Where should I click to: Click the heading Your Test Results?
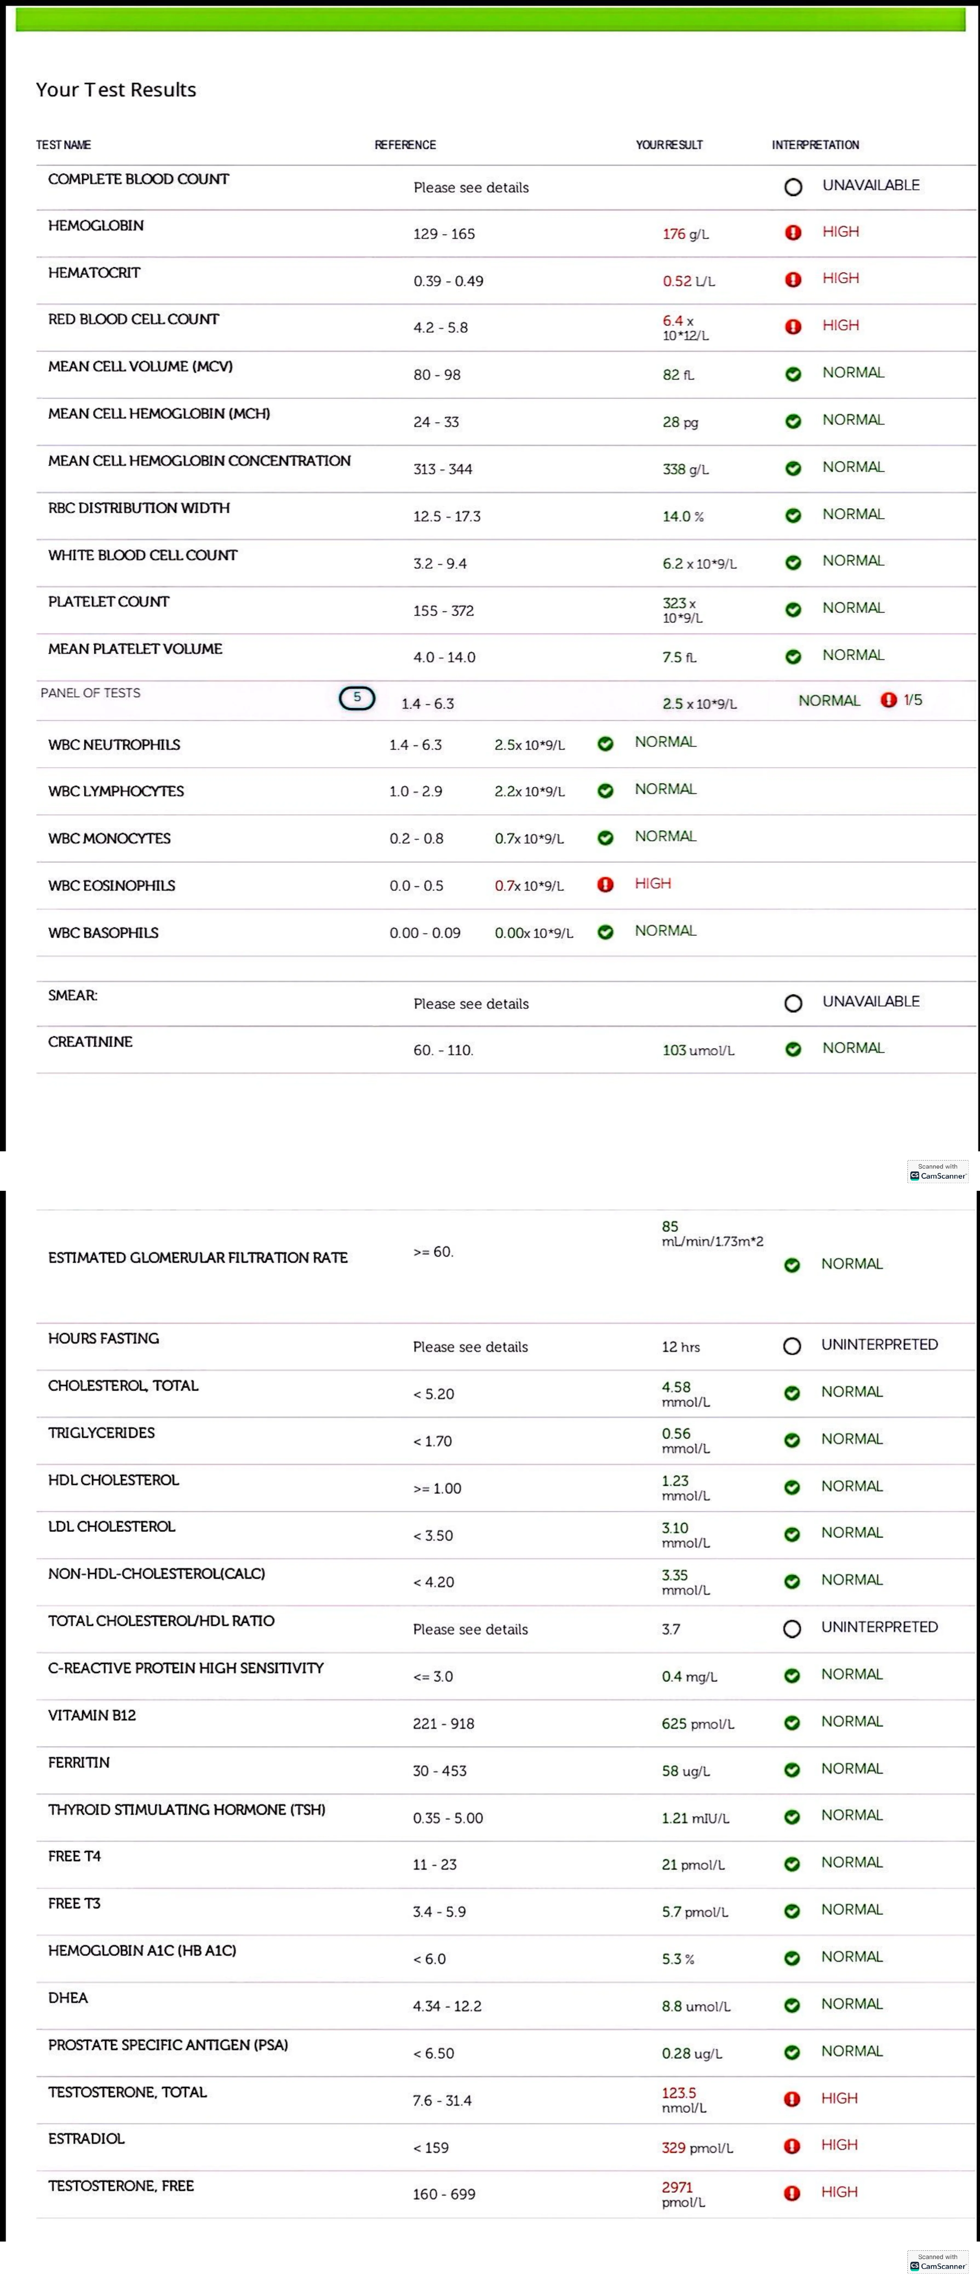click(x=116, y=89)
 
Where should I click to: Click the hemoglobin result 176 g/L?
click(x=685, y=234)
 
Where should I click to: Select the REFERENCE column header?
click(x=405, y=144)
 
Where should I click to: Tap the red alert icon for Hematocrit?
click(x=793, y=279)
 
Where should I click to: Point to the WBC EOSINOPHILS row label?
click(x=111, y=885)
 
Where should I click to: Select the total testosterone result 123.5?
click(x=679, y=2092)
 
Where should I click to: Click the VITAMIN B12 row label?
click(x=92, y=1715)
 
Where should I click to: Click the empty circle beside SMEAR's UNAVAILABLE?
click(x=793, y=1003)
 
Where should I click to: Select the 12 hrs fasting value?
click(x=681, y=1347)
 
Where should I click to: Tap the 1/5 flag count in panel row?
click(x=913, y=699)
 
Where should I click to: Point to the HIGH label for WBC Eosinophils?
click(x=653, y=884)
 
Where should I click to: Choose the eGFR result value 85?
click(x=670, y=1226)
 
